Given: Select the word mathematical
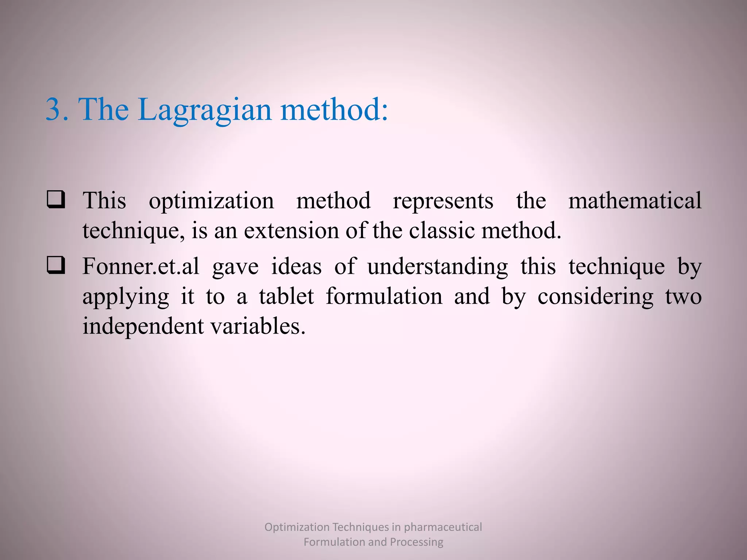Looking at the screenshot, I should [635, 201].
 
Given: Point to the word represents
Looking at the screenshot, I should [443, 201].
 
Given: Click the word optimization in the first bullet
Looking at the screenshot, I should [211, 201].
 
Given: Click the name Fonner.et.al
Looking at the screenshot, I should [141, 266].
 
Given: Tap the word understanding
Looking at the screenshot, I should [437, 267].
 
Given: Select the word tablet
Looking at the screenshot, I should [286, 296].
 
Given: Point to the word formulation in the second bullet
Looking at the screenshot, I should [384, 296].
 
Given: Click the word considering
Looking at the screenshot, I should [595, 297].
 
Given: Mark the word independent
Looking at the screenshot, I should [143, 326].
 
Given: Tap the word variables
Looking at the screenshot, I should [258, 326].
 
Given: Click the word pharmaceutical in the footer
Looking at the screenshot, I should [443, 527].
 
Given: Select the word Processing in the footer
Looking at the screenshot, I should [417, 542].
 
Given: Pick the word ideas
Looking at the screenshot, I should [296, 266].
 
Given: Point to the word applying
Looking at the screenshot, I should [125, 297].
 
